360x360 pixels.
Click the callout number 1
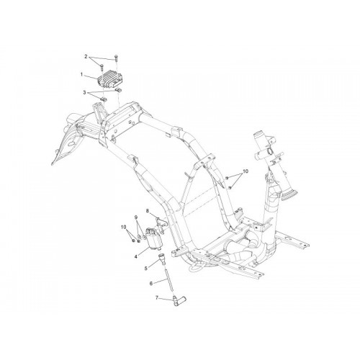pyautogui.click(x=81, y=75)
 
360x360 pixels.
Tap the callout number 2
pyautogui.click(x=86, y=57)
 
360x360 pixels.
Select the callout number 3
pyautogui.click(x=84, y=92)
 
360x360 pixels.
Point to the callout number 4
pyautogui.click(x=136, y=256)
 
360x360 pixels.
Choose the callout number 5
pyautogui.click(x=145, y=269)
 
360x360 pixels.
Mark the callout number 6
pyautogui.click(x=151, y=284)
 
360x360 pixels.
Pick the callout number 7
pyautogui.click(x=157, y=298)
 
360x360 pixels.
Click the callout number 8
pyautogui.click(x=148, y=211)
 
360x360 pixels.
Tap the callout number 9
pyautogui.click(x=136, y=217)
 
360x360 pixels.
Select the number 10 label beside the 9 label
pyautogui.click(x=123, y=227)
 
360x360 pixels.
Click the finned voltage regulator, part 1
pyautogui.click(x=109, y=79)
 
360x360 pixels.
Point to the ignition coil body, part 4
pyautogui.click(x=154, y=239)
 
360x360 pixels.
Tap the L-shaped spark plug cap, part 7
pyautogui.click(x=179, y=301)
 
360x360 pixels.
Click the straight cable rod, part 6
pyautogui.click(x=167, y=280)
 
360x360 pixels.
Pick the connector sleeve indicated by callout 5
pyautogui.click(x=162, y=259)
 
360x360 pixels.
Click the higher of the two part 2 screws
pyautogui.click(x=116, y=58)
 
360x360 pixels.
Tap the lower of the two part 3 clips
pyautogui.click(x=104, y=99)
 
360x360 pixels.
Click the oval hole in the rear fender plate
pyautogui.click(x=71, y=144)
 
